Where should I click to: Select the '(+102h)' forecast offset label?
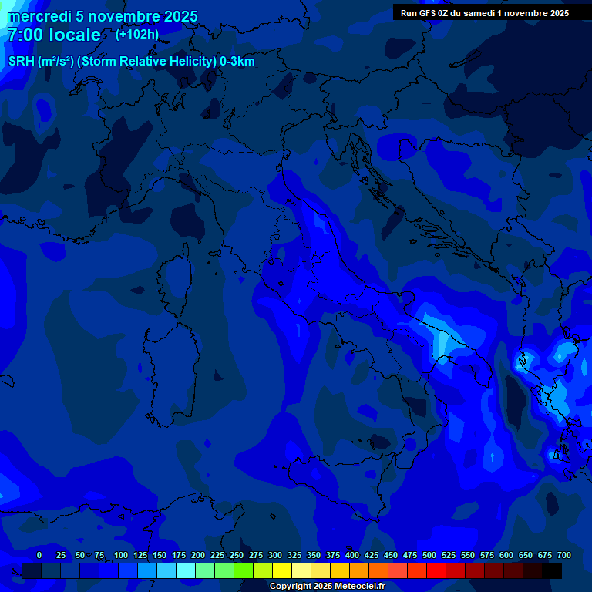pyautogui.click(x=137, y=34)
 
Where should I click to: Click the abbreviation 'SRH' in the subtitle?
pyautogui.click(x=22, y=62)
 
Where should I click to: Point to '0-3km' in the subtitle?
pyautogui.click(x=237, y=62)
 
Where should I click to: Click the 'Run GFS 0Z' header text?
pyautogui.click(x=429, y=13)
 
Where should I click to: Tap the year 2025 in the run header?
pyautogui.click(x=555, y=13)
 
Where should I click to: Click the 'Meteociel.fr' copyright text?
pyautogui.click(x=355, y=586)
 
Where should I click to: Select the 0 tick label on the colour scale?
pyautogui.click(x=39, y=555)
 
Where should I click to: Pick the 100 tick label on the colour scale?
pyautogui.click(x=121, y=555)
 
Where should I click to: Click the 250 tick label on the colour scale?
pyautogui.click(x=237, y=555)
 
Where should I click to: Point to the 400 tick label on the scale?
pyautogui.click(x=352, y=555)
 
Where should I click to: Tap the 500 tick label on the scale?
pyautogui.click(x=429, y=555)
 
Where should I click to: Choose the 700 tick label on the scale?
pyautogui.click(x=564, y=555)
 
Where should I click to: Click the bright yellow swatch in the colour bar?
pyautogui.click(x=282, y=571)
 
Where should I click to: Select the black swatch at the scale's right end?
pyautogui.click(x=552, y=571)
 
